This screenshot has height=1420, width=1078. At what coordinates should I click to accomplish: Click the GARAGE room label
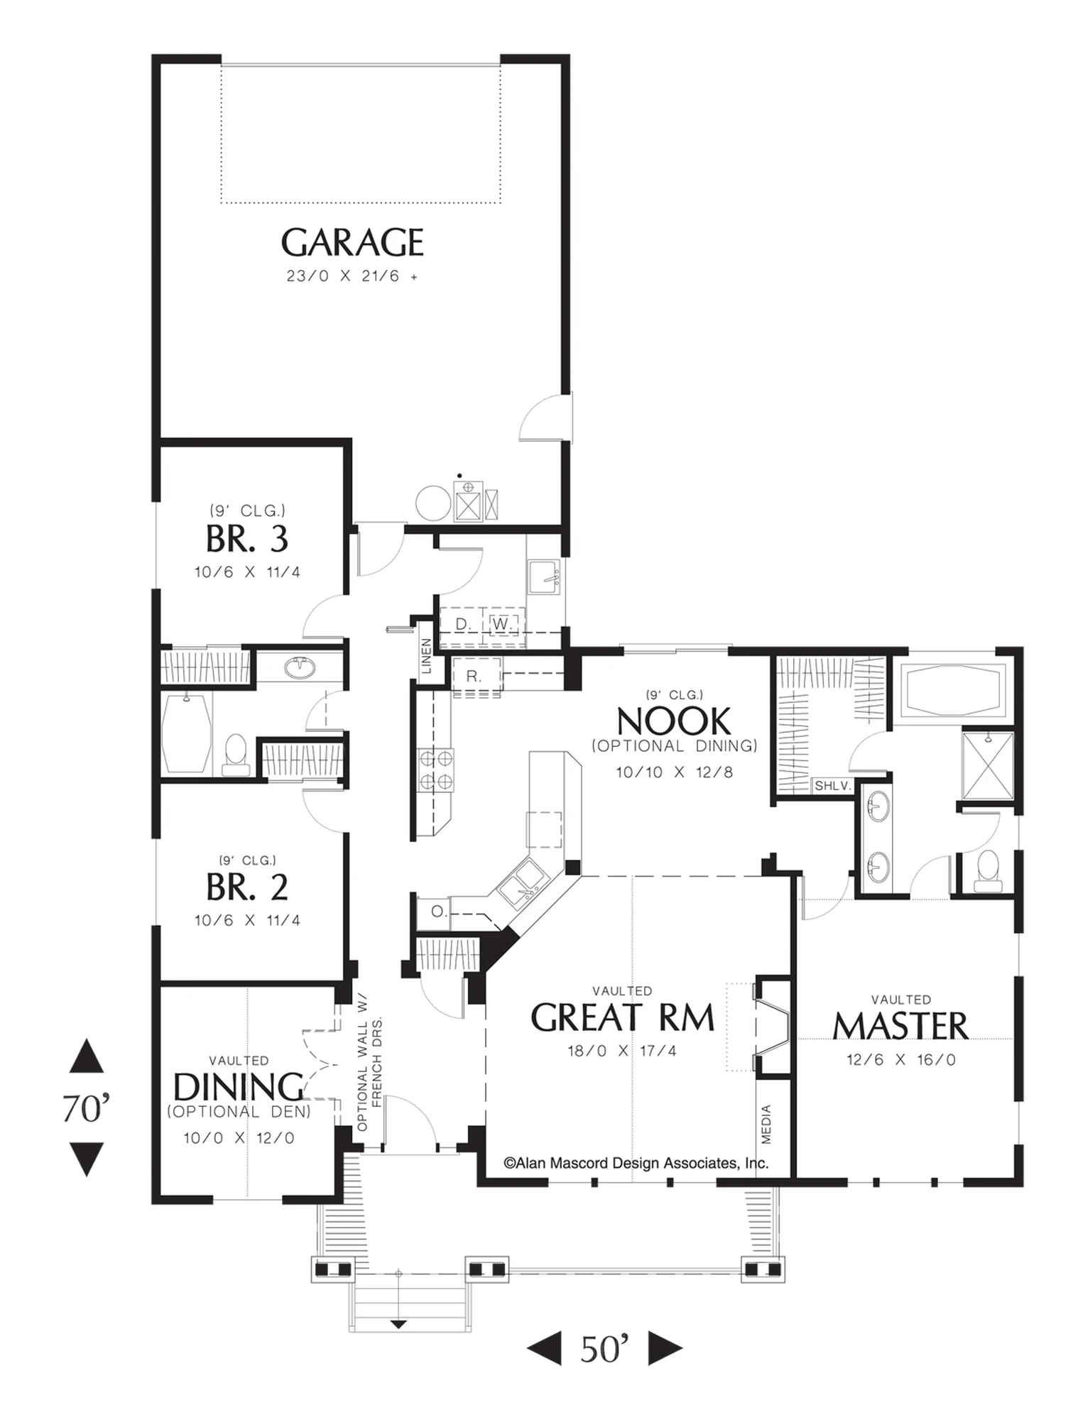tap(352, 243)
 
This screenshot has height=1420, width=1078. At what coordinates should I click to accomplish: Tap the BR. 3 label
tap(247, 539)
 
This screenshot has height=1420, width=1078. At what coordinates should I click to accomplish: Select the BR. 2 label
tap(247, 887)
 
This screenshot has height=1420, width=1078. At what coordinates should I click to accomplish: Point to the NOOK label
tap(673, 721)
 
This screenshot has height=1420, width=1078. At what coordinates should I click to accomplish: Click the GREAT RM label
tap(622, 1018)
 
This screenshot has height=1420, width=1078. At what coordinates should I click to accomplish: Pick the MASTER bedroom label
tap(900, 1027)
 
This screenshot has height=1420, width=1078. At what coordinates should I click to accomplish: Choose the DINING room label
tap(239, 1087)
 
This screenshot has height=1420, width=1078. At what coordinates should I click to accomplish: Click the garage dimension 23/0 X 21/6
tap(352, 276)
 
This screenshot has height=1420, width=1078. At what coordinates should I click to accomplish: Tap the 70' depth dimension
tap(86, 1108)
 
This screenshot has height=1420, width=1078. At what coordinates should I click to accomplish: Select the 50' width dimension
tap(604, 1350)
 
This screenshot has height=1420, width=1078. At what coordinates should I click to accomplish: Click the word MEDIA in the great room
tap(766, 1124)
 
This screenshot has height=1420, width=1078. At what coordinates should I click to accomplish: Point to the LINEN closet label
tap(426, 656)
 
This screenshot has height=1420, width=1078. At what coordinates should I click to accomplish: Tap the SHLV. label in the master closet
tap(832, 786)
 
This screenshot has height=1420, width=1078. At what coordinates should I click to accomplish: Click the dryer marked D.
tap(463, 624)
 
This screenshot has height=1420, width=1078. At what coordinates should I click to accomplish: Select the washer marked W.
tap(501, 624)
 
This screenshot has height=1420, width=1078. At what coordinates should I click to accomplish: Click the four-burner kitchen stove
tap(436, 770)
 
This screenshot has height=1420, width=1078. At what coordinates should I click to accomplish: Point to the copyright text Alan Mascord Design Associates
tap(636, 1163)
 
